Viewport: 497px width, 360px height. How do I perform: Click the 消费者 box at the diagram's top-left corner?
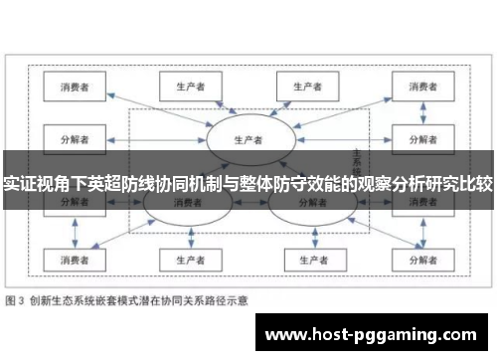[x=75, y=87]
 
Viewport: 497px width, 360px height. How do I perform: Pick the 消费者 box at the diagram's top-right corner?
[x=421, y=87]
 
